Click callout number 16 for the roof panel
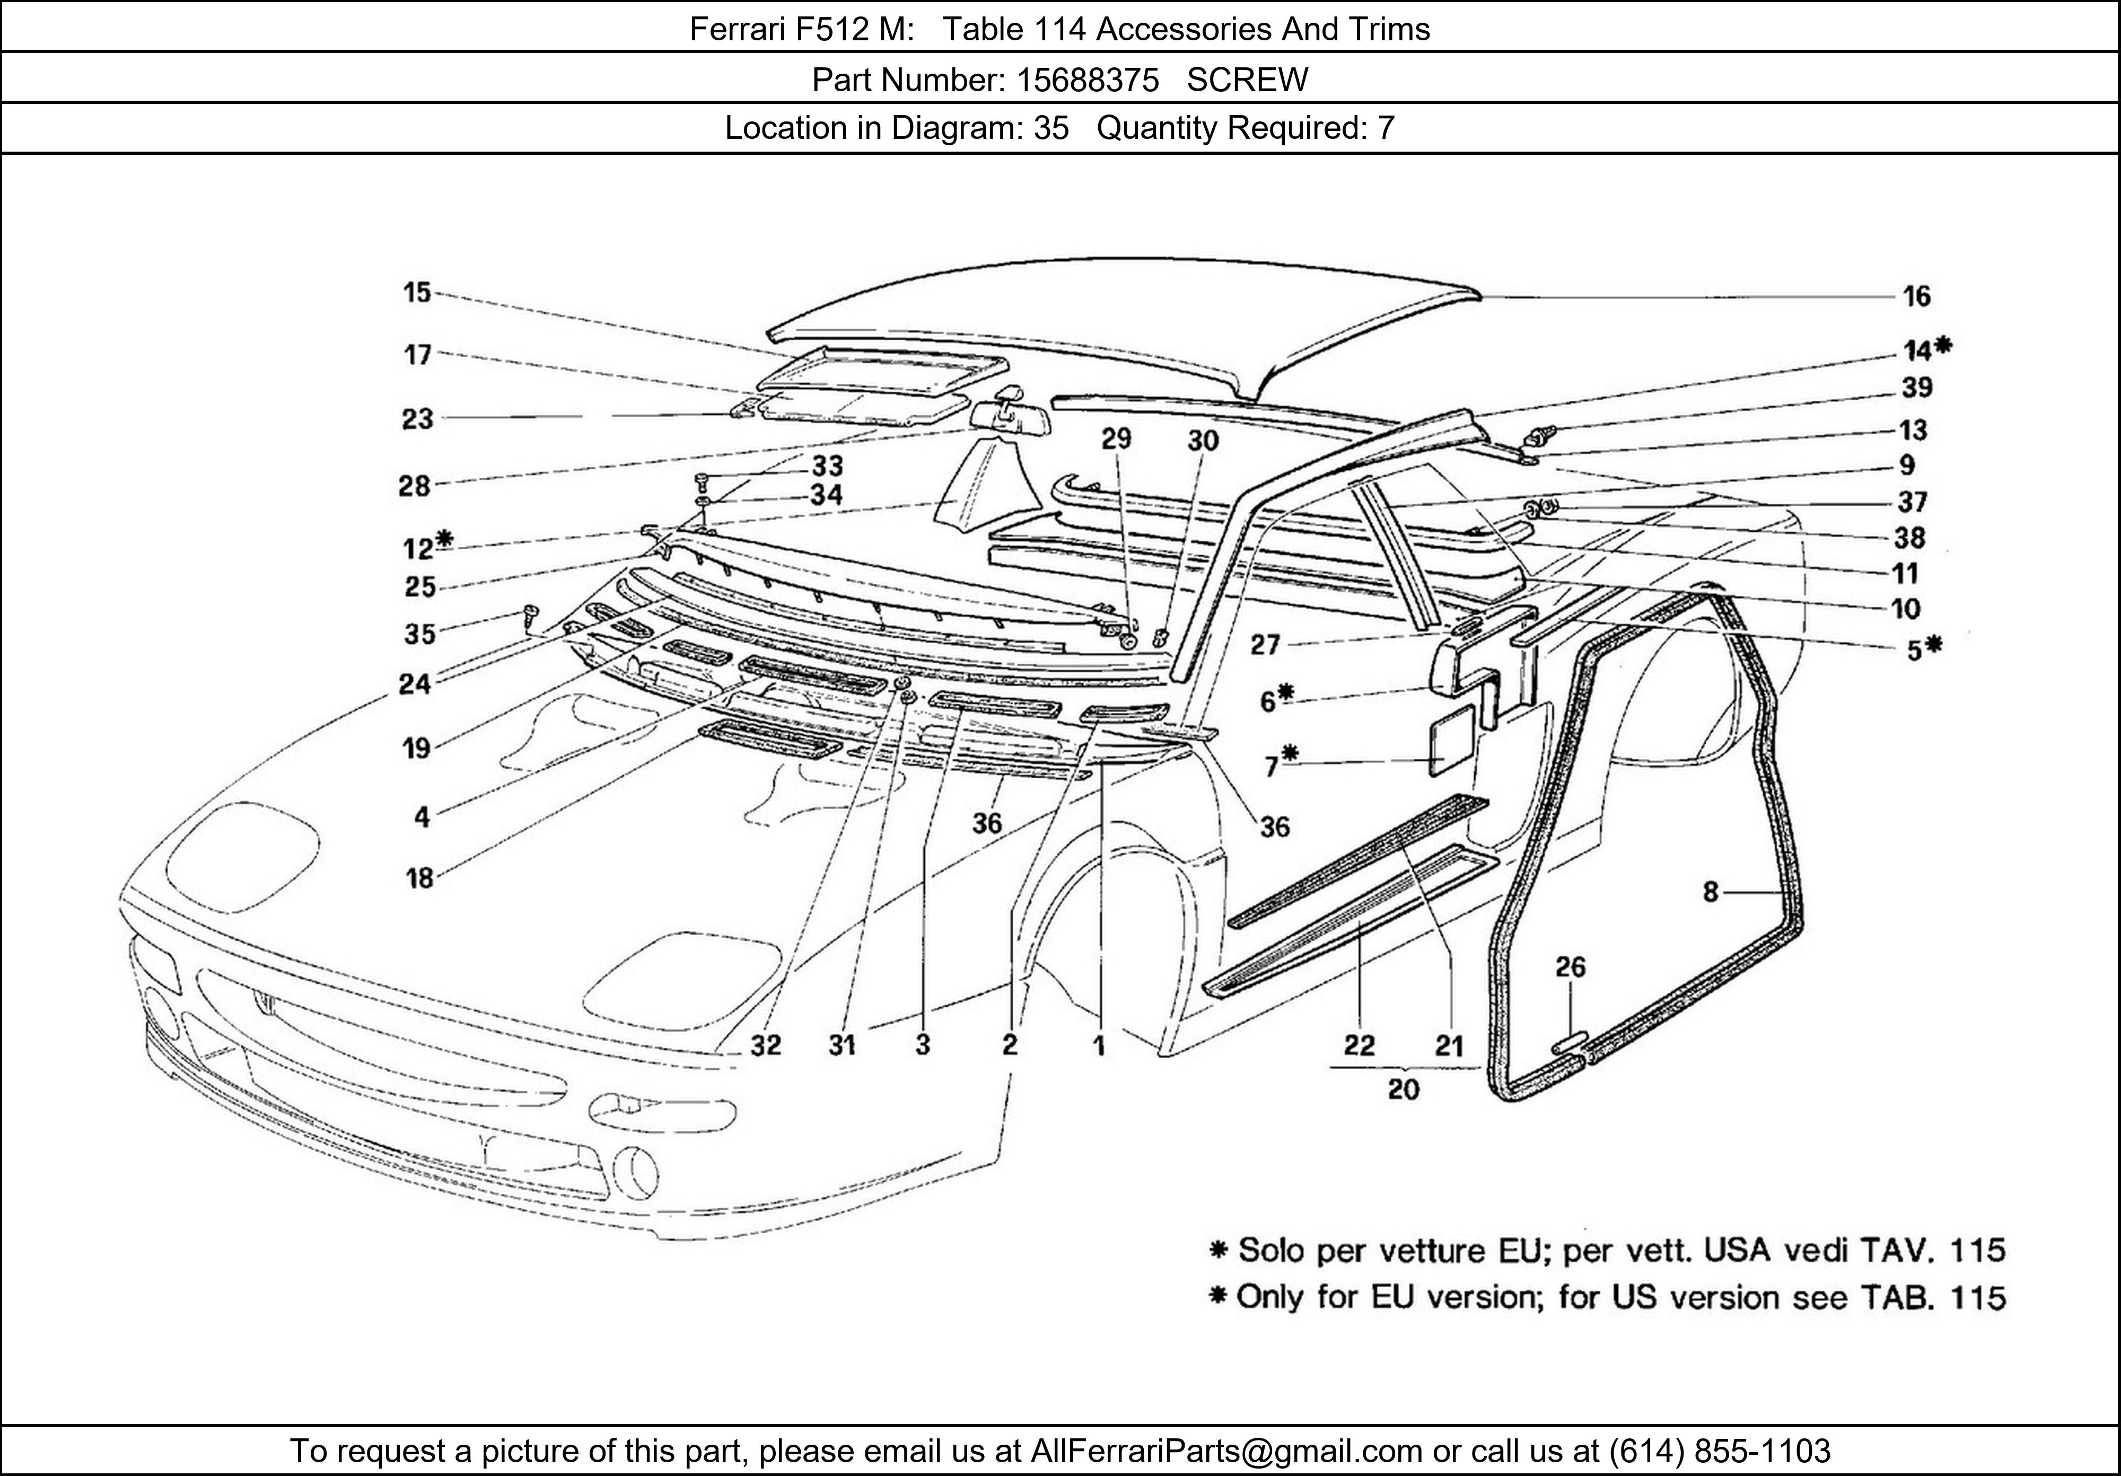1916,296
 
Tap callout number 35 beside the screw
419,635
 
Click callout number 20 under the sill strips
1403,1090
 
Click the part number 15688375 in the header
1088,81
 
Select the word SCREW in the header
1247,81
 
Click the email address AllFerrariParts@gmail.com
1226,1451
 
